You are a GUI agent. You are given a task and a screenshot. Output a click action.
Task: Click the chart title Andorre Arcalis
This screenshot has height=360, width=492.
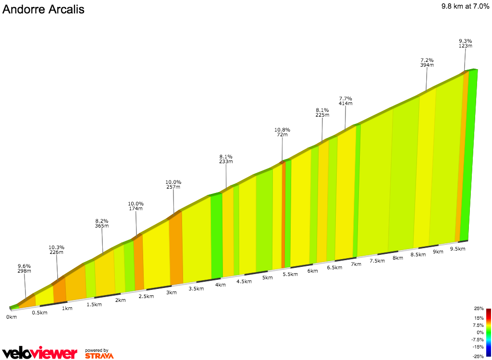tap(43, 10)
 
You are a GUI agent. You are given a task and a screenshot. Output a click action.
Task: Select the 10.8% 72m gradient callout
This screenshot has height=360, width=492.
tap(282, 132)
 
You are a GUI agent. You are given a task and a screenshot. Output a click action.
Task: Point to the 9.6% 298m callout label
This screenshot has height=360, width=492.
tap(25, 268)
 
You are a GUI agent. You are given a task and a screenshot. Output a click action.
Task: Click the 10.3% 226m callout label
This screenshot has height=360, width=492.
tap(57, 250)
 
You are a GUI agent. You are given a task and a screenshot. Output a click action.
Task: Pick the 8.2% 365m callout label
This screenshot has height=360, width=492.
tap(102, 223)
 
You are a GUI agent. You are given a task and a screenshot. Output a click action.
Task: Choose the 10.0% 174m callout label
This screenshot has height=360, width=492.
tap(136, 206)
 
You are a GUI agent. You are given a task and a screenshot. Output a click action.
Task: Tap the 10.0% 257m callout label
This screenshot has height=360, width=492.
tap(173, 184)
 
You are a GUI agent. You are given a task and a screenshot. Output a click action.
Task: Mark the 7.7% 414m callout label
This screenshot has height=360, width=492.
tap(345, 101)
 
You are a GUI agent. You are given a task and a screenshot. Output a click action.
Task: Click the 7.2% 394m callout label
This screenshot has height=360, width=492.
tap(427, 62)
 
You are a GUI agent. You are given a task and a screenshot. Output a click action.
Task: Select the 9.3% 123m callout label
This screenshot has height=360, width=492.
tap(465, 43)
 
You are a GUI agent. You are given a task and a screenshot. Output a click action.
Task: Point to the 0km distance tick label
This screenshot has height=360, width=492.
tap(12, 317)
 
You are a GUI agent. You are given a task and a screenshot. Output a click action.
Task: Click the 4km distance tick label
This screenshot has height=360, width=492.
tap(221, 285)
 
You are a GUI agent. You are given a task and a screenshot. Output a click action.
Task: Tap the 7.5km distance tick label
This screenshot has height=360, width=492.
tap(377, 261)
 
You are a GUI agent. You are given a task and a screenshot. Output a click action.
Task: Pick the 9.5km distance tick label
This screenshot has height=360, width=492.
tap(457, 249)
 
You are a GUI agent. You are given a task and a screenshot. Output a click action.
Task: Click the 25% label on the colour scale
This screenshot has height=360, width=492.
tap(479, 309)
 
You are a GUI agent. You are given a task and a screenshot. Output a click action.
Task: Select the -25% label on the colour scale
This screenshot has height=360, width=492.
tap(478, 356)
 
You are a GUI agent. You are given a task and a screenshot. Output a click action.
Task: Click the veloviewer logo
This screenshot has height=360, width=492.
tap(39, 353)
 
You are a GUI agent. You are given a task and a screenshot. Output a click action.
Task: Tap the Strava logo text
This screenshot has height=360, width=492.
tap(99, 356)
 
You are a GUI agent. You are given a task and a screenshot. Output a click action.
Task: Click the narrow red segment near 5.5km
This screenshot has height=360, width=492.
tap(283, 216)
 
